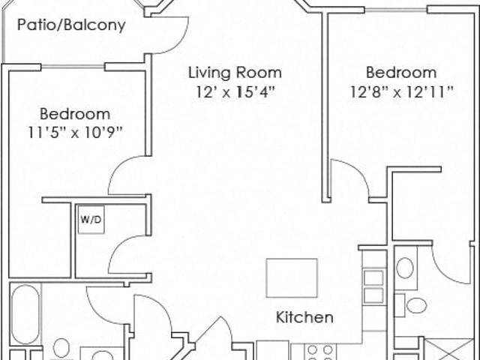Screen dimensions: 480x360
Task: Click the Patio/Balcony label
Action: click(x=71, y=25)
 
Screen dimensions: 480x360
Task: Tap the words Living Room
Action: click(x=235, y=73)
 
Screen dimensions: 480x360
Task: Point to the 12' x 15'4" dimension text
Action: click(x=235, y=91)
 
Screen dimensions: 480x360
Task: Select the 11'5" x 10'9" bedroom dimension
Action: click(x=75, y=133)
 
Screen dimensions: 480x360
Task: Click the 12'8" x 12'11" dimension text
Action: click(x=401, y=91)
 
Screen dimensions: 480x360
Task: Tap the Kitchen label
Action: click(x=304, y=317)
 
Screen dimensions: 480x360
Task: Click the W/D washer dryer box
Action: click(x=91, y=220)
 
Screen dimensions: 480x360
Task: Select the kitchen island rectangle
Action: click(x=292, y=278)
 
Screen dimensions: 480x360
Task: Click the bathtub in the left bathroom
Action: click(x=25, y=314)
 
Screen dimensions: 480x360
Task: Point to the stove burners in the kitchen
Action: click(x=320, y=352)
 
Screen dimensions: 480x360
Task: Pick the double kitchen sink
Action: click(x=373, y=286)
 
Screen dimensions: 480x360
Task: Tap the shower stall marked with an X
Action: click(x=449, y=349)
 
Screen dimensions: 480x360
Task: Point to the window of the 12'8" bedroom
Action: click(x=396, y=10)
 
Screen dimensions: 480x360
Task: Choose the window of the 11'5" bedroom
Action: click(x=73, y=67)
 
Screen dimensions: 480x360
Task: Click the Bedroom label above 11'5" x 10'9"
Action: click(x=75, y=114)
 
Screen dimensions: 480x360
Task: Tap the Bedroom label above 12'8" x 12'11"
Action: click(x=401, y=73)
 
